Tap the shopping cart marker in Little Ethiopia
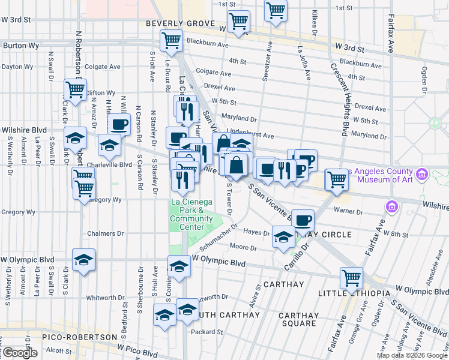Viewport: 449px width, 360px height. click(x=351, y=278)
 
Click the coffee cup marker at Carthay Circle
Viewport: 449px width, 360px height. click(x=303, y=220)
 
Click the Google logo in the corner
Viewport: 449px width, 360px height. click(x=20, y=353)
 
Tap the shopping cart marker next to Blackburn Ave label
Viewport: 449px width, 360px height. click(x=171, y=40)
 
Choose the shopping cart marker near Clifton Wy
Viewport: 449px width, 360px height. click(x=75, y=90)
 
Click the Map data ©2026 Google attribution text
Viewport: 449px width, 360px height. click(x=412, y=355)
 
